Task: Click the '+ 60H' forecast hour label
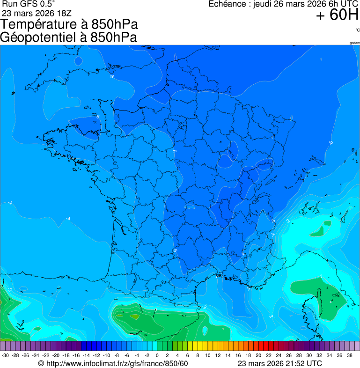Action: [337, 15]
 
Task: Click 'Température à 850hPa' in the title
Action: [69, 24]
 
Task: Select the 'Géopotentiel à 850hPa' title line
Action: [68, 37]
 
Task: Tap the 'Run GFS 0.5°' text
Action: [29, 4]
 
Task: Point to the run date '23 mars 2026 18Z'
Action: [37, 13]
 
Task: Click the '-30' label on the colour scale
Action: [5, 355]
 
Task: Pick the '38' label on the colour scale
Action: [350, 355]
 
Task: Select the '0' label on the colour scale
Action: [157, 355]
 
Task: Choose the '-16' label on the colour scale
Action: [76, 355]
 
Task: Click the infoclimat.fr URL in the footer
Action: [113, 363]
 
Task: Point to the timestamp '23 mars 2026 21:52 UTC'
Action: [279, 363]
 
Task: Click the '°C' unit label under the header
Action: [357, 30]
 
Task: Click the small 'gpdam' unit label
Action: [354, 43]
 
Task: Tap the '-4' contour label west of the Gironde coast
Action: [68, 219]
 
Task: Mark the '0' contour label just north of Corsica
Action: [321, 277]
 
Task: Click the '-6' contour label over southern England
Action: [112, 76]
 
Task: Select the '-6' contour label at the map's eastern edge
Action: [331, 142]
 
